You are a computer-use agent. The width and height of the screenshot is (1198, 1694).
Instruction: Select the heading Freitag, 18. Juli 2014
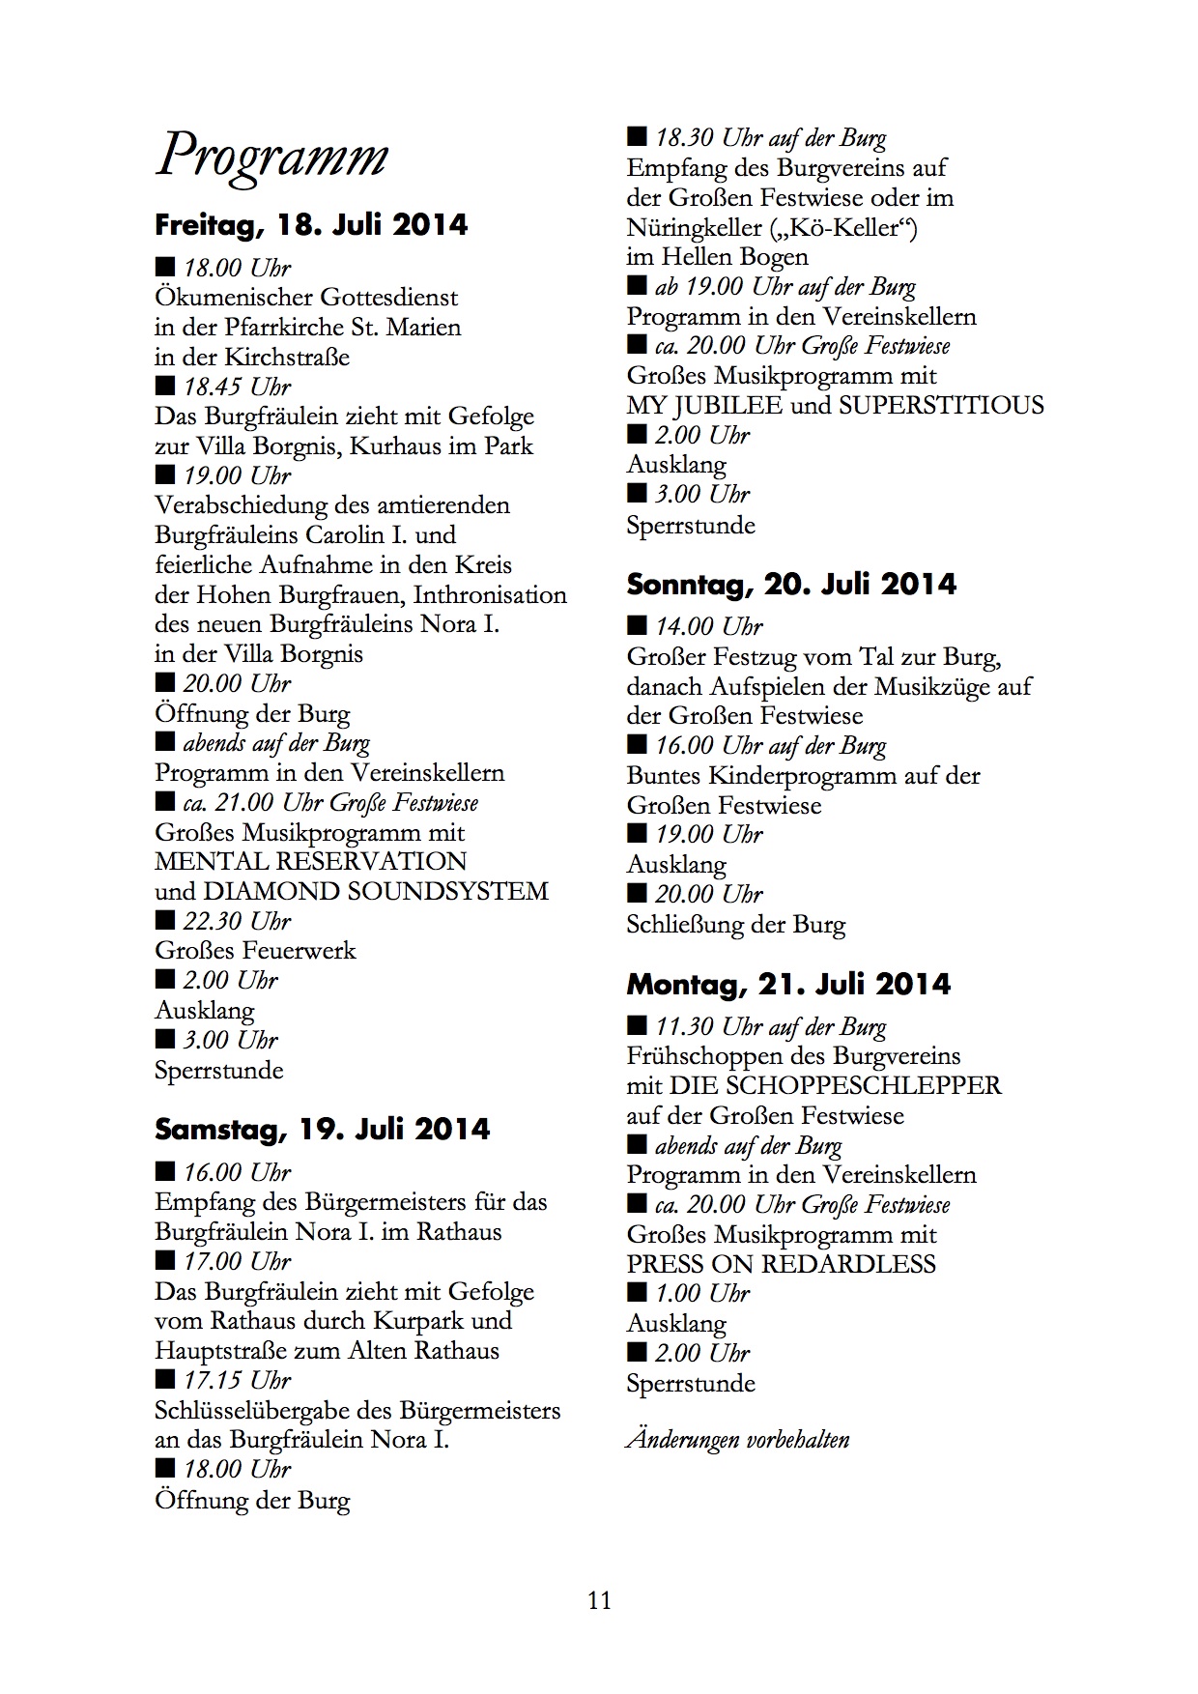(x=311, y=225)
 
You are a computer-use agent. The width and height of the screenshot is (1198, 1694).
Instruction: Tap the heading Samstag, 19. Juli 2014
(x=322, y=1129)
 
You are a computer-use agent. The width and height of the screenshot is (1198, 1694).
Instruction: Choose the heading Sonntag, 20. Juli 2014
(x=791, y=585)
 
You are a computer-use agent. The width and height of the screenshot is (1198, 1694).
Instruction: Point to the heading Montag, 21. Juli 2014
(x=788, y=985)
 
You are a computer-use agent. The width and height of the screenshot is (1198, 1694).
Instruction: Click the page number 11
(x=599, y=1600)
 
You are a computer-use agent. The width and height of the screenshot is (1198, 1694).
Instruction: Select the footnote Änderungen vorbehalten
(x=738, y=1439)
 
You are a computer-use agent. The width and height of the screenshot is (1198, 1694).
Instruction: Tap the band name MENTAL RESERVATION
(x=310, y=861)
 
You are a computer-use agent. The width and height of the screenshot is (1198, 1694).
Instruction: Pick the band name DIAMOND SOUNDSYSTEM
(x=375, y=891)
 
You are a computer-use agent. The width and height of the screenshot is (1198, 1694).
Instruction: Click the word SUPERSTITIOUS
(x=941, y=405)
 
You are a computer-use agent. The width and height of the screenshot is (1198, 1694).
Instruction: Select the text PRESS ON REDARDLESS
(x=781, y=1264)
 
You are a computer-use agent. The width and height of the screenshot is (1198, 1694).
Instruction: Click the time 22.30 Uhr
(x=237, y=921)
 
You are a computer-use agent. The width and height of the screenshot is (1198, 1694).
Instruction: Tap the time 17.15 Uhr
(x=237, y=1380)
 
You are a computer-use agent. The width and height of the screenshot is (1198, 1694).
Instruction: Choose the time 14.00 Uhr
(x=709, y=626)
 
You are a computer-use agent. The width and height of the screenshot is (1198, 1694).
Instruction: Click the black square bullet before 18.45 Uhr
(x=165, y=387)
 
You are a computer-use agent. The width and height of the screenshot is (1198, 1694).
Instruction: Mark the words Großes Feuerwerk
(x=255, y=951)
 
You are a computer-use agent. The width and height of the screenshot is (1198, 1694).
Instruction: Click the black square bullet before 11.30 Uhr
(x=637, y=1025)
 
